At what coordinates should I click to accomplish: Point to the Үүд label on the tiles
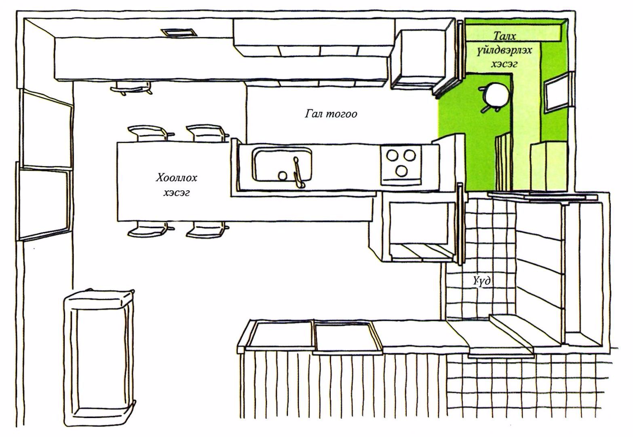pyautogui.click(x=482, y=281)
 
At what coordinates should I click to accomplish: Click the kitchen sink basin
pyautogui.click(x=282, y=165)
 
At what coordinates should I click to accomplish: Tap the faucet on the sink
pyautogui.click(x=298, y=172)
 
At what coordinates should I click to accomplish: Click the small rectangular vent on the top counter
pyautogui.click(x=178, y=32)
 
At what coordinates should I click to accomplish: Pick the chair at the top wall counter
pyautogui.click(x=131, y=87)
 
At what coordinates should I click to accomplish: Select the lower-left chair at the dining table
pyautogui.click(x=148, y=229)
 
